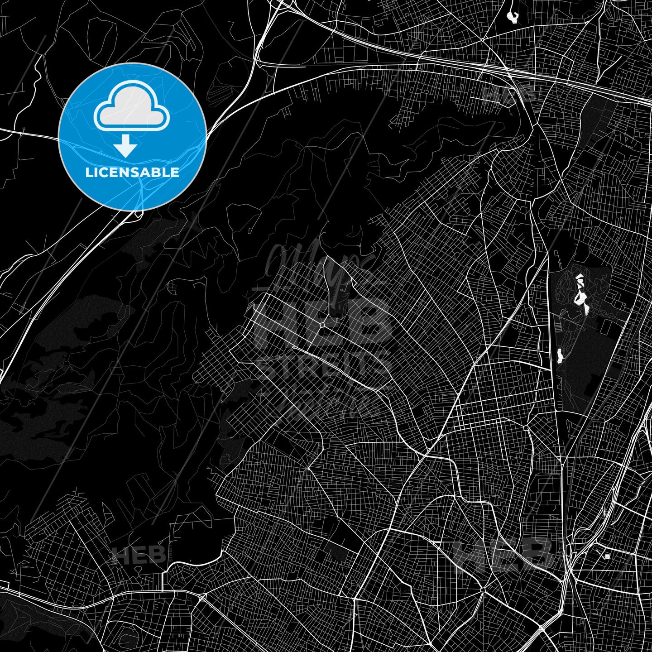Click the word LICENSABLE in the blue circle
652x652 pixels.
[132, 173]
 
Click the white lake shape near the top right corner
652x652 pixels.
[513, 17]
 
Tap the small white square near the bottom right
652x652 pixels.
[607, 556]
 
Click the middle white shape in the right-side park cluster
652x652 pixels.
[579, 297]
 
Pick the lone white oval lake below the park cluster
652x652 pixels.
[560, 355]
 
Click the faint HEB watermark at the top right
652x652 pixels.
[507, 93]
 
